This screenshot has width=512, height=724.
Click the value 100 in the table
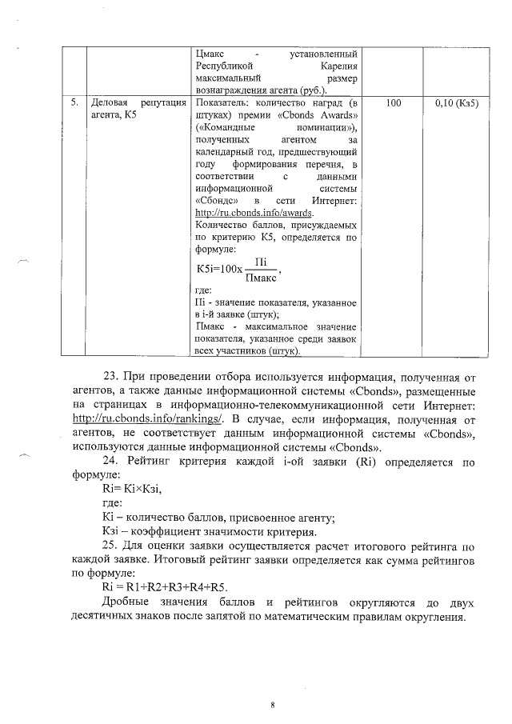click(x=393, y=104)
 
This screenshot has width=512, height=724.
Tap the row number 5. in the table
click(x=74, y=104)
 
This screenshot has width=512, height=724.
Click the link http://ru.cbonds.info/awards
click(x=254, y=213)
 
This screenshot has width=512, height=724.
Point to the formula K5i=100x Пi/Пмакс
click(x=238, y=269)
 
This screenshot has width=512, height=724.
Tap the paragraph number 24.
click(x=111, y=462)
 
